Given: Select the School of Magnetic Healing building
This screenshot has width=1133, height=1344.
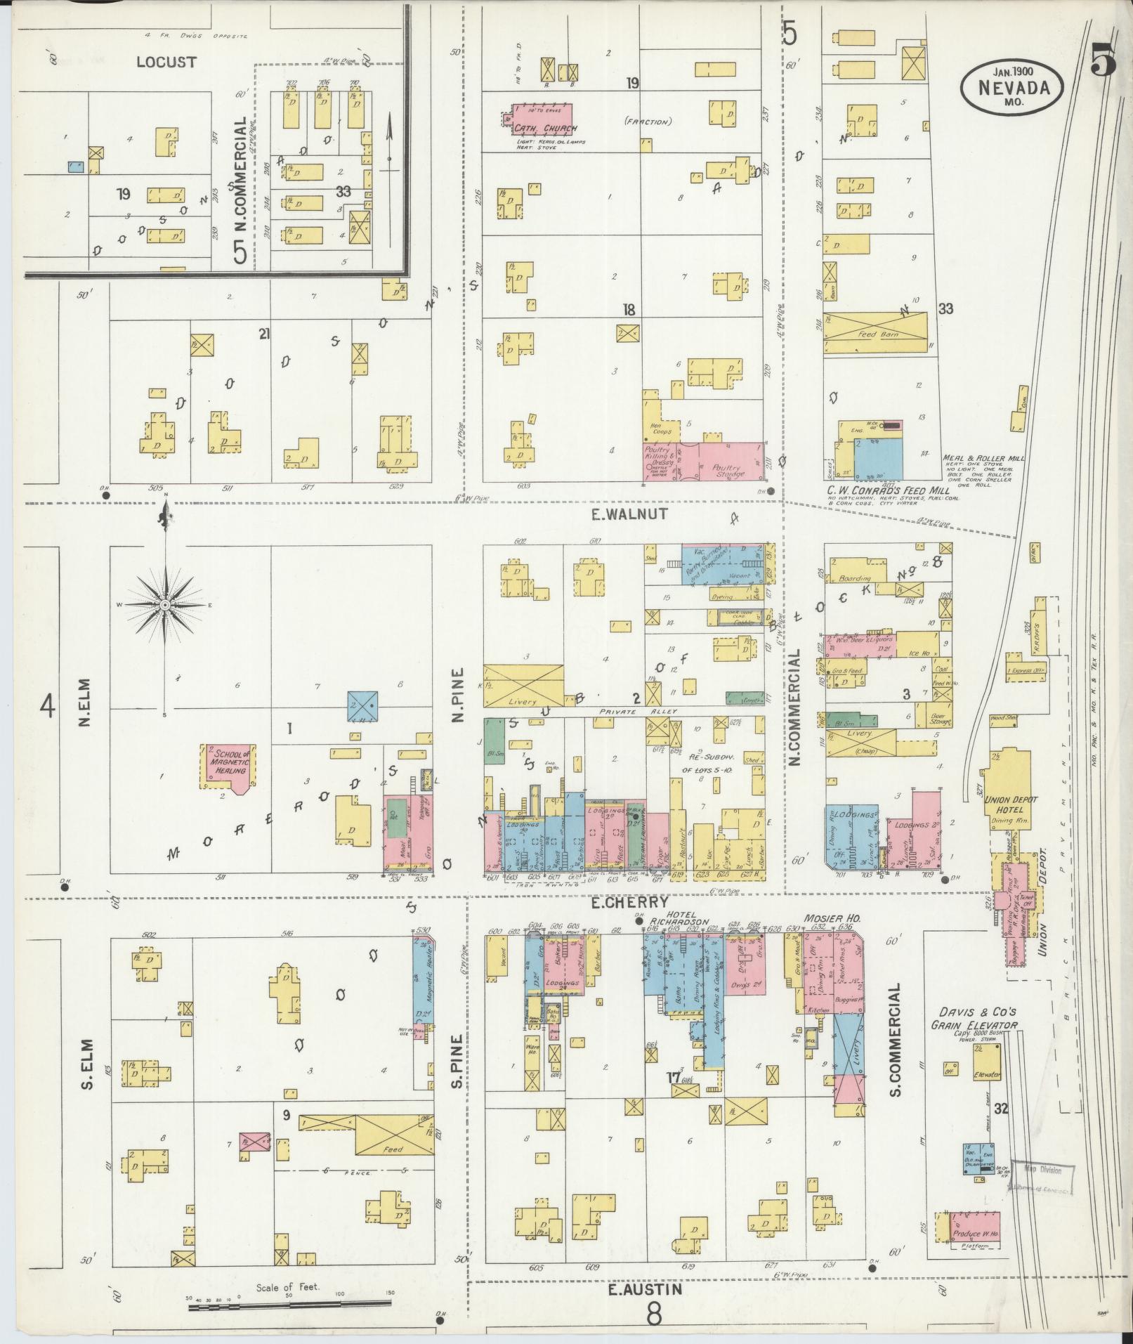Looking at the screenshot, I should coord(229,764).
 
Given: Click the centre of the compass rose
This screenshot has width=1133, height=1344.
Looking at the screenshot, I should coord(165,604).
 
